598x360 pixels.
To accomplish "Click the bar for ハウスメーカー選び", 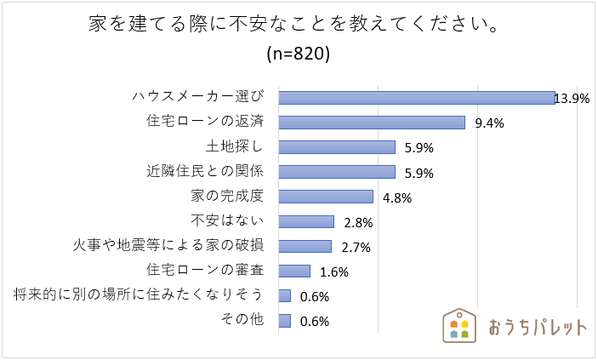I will tap(417, 98).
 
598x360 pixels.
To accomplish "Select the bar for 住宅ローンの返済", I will tap(372, 123).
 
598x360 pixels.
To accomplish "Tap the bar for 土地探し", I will tap(337, 147).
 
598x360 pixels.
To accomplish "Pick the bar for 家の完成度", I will tap(326, 197).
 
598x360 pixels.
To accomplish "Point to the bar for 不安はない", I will tap(306, 221).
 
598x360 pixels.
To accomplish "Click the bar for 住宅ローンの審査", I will tap(294, 271).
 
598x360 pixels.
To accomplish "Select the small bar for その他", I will tap(285, 321).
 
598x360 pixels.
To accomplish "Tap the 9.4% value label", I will tap(489, 123).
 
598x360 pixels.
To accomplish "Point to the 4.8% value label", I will tap(397, 198).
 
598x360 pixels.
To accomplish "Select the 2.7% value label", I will tap(355, 248).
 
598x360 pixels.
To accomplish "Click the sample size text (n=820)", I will tap(299, 53).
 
